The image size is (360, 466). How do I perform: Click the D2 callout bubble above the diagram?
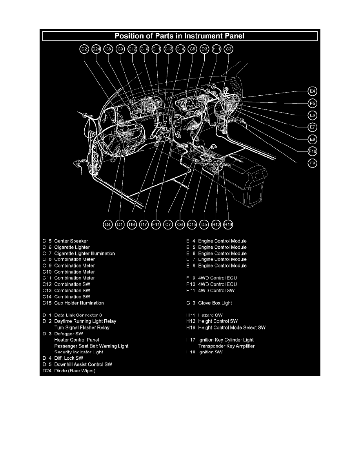[84, 49]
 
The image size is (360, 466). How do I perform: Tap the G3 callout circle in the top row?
[229, 49]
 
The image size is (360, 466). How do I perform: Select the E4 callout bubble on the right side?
[312, 91]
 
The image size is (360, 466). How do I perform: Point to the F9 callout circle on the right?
[312, 163]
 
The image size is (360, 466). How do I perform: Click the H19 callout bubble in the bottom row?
[228, 225]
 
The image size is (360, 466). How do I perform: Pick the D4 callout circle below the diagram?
[108, 225]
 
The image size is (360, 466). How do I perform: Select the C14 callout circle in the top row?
[180, 49]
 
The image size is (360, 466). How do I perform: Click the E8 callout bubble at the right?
[312, 139]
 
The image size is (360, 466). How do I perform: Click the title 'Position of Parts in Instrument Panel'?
[180, 36]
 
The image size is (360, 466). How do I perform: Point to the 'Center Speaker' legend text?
[71, 241]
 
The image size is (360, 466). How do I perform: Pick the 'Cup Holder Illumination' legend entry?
[79, 303]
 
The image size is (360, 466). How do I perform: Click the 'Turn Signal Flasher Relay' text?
[82, 328]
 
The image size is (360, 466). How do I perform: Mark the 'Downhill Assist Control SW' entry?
[83, 364]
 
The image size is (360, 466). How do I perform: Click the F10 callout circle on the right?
[312, 151]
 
